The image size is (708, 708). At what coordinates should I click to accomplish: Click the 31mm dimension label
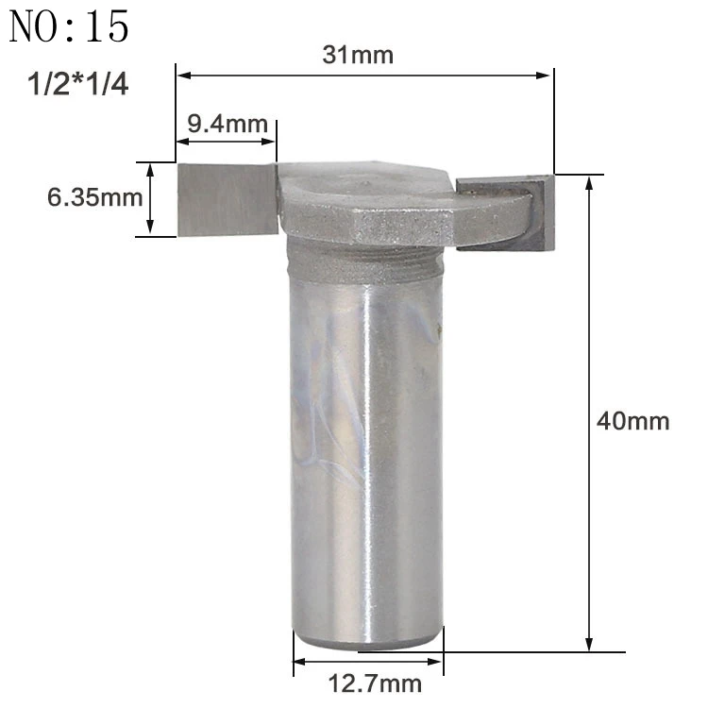coord(358,55)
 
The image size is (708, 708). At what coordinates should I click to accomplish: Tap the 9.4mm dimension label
coord(228,124)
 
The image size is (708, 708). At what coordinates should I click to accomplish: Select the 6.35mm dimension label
coord(94,197)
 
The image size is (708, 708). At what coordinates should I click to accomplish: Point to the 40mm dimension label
coord(632,421)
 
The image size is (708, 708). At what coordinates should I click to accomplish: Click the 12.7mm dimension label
coord(375,683)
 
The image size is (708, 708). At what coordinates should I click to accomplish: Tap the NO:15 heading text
coord(69,27)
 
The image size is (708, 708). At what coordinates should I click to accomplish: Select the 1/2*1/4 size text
coord(77,84)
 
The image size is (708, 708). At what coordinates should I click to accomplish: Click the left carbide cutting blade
coord(228,199)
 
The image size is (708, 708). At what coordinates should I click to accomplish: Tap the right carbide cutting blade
coord(506,213)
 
